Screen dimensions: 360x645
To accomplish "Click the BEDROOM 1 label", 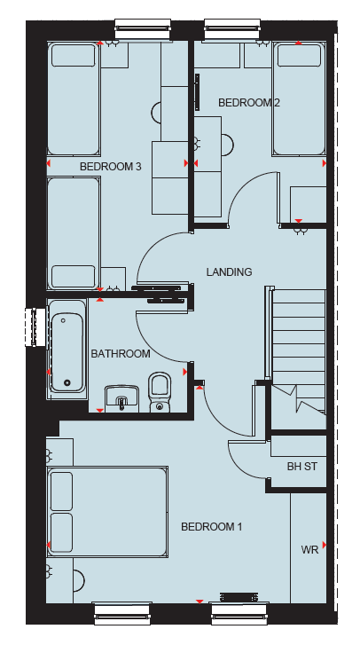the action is point(212,526).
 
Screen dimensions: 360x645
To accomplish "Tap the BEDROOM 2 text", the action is point(249,102).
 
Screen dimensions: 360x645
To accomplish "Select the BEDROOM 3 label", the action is point(111,167).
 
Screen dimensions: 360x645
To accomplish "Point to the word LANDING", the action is point(229,271).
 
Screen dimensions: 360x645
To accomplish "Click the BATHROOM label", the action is point(121,354).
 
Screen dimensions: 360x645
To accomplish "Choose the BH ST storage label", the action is point(302,467).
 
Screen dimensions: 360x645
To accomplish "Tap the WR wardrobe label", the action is point(309,550).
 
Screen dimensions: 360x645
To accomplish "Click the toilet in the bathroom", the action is point(160,391).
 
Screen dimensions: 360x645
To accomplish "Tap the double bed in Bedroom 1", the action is point(107,512).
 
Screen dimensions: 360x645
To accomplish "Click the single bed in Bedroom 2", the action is point(299,98).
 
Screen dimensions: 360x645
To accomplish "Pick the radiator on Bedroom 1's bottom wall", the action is point(239,596).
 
